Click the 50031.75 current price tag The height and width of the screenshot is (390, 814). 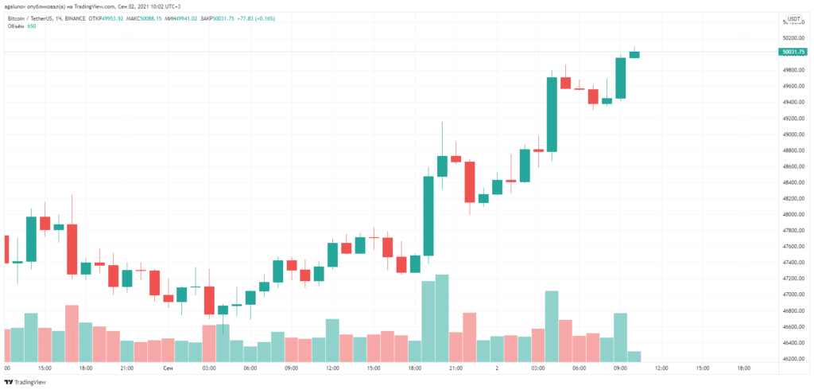794,52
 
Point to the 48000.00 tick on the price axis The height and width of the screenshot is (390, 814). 793,214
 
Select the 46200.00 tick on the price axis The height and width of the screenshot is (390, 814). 793,359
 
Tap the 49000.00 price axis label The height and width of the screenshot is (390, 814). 793,134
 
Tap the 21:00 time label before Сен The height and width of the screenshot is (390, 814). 126,369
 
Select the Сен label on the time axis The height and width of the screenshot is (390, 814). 168,369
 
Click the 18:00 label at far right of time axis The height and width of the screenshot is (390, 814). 744,369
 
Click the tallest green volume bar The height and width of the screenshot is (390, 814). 442,318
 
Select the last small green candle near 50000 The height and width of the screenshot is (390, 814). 634,54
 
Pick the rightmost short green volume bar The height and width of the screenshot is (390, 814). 634,357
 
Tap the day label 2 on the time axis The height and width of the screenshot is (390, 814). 497,369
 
